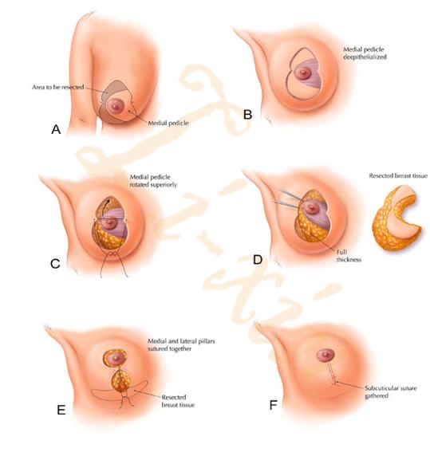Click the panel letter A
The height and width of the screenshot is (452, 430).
(56, 129)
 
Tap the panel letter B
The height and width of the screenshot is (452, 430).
(248, 115)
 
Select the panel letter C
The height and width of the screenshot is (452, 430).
(55, 264)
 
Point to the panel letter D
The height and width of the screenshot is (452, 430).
(258, 260)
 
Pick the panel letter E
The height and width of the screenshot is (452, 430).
(61, 410)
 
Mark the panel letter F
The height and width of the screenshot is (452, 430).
(273, 405)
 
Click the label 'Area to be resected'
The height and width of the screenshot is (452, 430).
(58, 87)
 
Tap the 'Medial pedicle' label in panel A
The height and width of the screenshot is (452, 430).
(168, 123)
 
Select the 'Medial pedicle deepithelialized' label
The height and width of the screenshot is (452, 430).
(365, 53)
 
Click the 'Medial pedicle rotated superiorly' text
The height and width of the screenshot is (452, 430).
(153, 181)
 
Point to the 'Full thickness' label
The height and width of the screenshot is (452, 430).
(349, 256)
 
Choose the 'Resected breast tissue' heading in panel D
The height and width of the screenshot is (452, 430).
(398, 175)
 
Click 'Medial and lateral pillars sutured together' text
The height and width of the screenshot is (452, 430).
(181, 344)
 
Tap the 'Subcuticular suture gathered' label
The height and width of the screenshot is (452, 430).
(391, 391)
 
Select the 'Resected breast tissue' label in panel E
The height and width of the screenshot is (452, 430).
(178, 401)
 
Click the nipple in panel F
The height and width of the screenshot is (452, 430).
(325, 356)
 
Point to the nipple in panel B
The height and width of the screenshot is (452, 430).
(304, 73)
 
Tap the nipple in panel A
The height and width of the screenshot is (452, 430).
(116, 106)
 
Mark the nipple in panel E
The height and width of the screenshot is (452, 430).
(116, 358)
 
